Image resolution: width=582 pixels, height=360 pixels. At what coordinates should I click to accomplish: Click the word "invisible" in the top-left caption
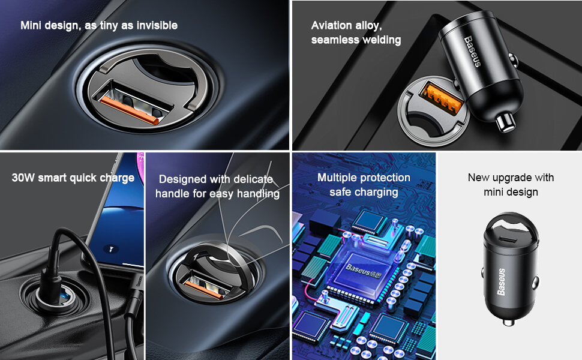click(x=157, y=25)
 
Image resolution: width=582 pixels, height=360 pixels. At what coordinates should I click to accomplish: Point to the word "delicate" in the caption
click(x=253, y=179)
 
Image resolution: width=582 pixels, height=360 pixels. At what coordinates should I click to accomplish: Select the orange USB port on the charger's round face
click(x=441, y=97)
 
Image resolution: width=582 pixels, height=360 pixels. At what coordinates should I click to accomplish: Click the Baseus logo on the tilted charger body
click(x=473, y=51)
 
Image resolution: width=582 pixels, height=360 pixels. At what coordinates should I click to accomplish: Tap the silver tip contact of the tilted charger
click(x=506, y=122)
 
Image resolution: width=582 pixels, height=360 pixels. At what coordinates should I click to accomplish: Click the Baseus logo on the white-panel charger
click(x=502, y=281)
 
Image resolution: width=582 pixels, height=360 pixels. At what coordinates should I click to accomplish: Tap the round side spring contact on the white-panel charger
click(x=535, y=283)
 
